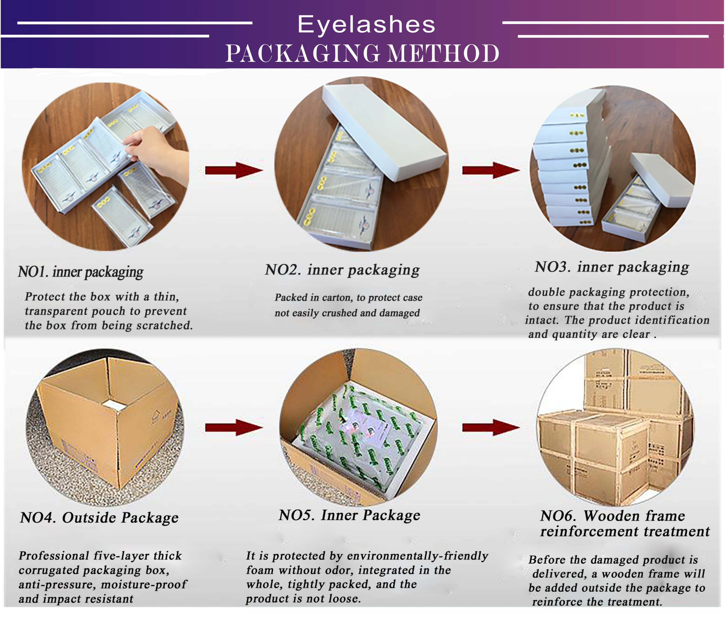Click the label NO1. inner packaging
pos(81,272)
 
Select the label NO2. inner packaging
pos(342,270)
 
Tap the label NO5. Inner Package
pos(349,515)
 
